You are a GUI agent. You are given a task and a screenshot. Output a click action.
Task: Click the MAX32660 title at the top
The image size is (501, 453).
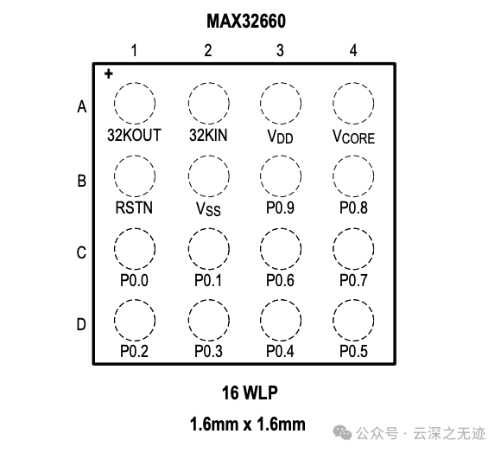pos(246,22)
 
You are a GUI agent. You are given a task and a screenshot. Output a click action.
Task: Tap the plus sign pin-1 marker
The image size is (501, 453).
pos(109,73)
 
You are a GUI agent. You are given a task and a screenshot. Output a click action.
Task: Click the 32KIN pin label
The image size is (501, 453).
pos(208,135)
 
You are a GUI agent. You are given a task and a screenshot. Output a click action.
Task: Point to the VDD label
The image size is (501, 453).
pos(280,137)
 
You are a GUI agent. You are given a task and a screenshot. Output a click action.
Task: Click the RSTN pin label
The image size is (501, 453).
pos(134,207)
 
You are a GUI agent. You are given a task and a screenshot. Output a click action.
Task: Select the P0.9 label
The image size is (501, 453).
pos(280,207)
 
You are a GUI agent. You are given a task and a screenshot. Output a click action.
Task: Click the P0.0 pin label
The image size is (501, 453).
pos(134,280)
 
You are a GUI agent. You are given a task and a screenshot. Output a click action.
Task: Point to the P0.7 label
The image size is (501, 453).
pos(353,280)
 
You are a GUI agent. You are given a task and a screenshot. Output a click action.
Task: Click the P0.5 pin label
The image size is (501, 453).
pos(353,351)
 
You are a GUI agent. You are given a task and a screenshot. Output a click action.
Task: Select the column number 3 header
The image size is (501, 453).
pos(280,50)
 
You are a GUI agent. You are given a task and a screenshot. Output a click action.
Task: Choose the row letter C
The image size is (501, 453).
pos(81,252)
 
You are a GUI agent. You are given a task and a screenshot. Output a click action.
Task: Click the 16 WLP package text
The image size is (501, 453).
pos(250,392)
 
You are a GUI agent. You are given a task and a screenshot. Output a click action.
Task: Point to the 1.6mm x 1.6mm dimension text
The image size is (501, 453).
pos(248,424)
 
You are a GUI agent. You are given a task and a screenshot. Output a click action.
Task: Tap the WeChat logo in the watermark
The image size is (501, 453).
pos(342,433)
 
